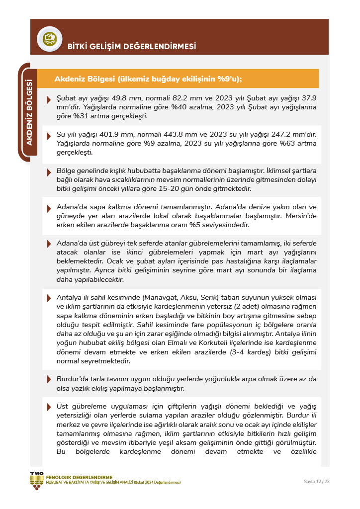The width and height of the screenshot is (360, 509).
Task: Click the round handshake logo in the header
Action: point(49,38)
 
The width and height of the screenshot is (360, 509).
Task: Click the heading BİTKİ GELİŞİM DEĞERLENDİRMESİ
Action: point(132,47)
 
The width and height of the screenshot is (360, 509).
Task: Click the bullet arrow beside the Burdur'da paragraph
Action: point(49,379)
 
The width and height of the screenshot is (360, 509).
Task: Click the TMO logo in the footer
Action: point(36,480)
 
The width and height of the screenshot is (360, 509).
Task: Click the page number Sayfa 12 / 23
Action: point(316,482)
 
